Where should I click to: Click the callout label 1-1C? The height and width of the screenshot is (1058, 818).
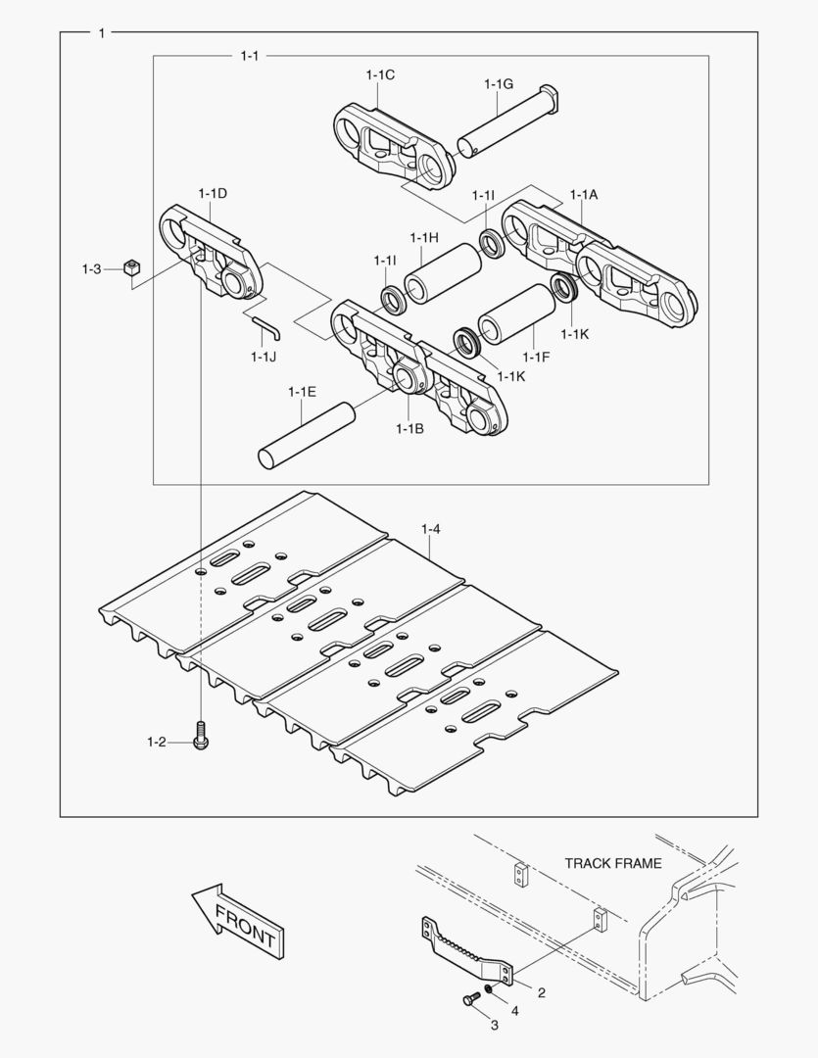[x=380, y=74]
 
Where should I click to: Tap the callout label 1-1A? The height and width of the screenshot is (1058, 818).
[x=584, y=195]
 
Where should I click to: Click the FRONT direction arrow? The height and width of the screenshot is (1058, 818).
[x=237, y=920]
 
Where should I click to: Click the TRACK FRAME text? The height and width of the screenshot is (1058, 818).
[x=612, y=863]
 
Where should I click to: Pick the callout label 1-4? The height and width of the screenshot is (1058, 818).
[x=431, y=530]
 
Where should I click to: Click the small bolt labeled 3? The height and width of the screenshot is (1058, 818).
[x=469, y=1001]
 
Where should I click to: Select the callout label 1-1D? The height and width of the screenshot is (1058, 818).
[x=213, y=193]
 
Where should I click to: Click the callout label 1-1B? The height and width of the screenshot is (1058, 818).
[x=409, y=428]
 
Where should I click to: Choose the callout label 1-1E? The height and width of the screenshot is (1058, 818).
[x=302, y=392]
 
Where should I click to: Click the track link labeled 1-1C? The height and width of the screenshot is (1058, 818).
[x=394, y=147]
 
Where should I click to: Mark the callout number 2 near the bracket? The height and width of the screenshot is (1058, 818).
[x=541, y=992]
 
